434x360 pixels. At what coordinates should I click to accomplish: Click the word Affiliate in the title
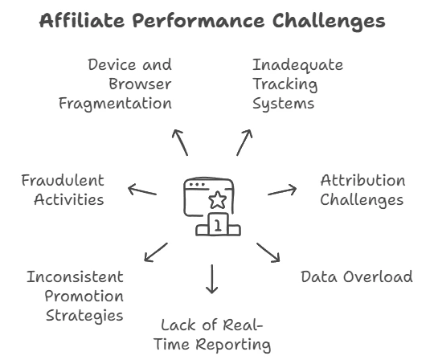[x=82, y=20]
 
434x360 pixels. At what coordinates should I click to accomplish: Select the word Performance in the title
[x=199, y=20]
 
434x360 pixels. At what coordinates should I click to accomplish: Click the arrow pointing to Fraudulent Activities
[x=142, y=190]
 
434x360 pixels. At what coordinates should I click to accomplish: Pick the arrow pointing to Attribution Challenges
[x=282, y=190]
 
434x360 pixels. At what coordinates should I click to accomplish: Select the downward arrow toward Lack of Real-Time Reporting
[x=211, y=279]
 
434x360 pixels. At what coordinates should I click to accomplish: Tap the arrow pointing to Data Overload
[x=268, y=252]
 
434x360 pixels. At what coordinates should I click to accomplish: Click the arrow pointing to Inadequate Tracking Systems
[x=244, y=142]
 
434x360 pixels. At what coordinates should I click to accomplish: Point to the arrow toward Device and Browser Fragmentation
[x=180, y=142]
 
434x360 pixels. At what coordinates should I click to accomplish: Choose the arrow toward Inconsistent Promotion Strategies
[x=156, y=252]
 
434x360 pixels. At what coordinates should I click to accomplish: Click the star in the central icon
[x=218, y=200]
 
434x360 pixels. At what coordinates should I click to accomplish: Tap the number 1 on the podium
[x=218, y=225]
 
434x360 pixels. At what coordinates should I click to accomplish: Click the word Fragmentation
[x=116, y=104]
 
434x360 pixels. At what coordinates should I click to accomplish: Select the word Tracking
[x=285, y=84]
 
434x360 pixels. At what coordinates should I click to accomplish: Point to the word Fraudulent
[x=63, y=181]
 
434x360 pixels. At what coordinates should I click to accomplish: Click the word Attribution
[x=362, y=181]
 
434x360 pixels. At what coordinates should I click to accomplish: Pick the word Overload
[x=378, y=276]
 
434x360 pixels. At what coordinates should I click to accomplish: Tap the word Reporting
[x=233, y=345]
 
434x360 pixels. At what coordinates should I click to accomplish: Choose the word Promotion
[x=84, y=297]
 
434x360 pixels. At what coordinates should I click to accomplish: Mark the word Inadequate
[x=298, y=66]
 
